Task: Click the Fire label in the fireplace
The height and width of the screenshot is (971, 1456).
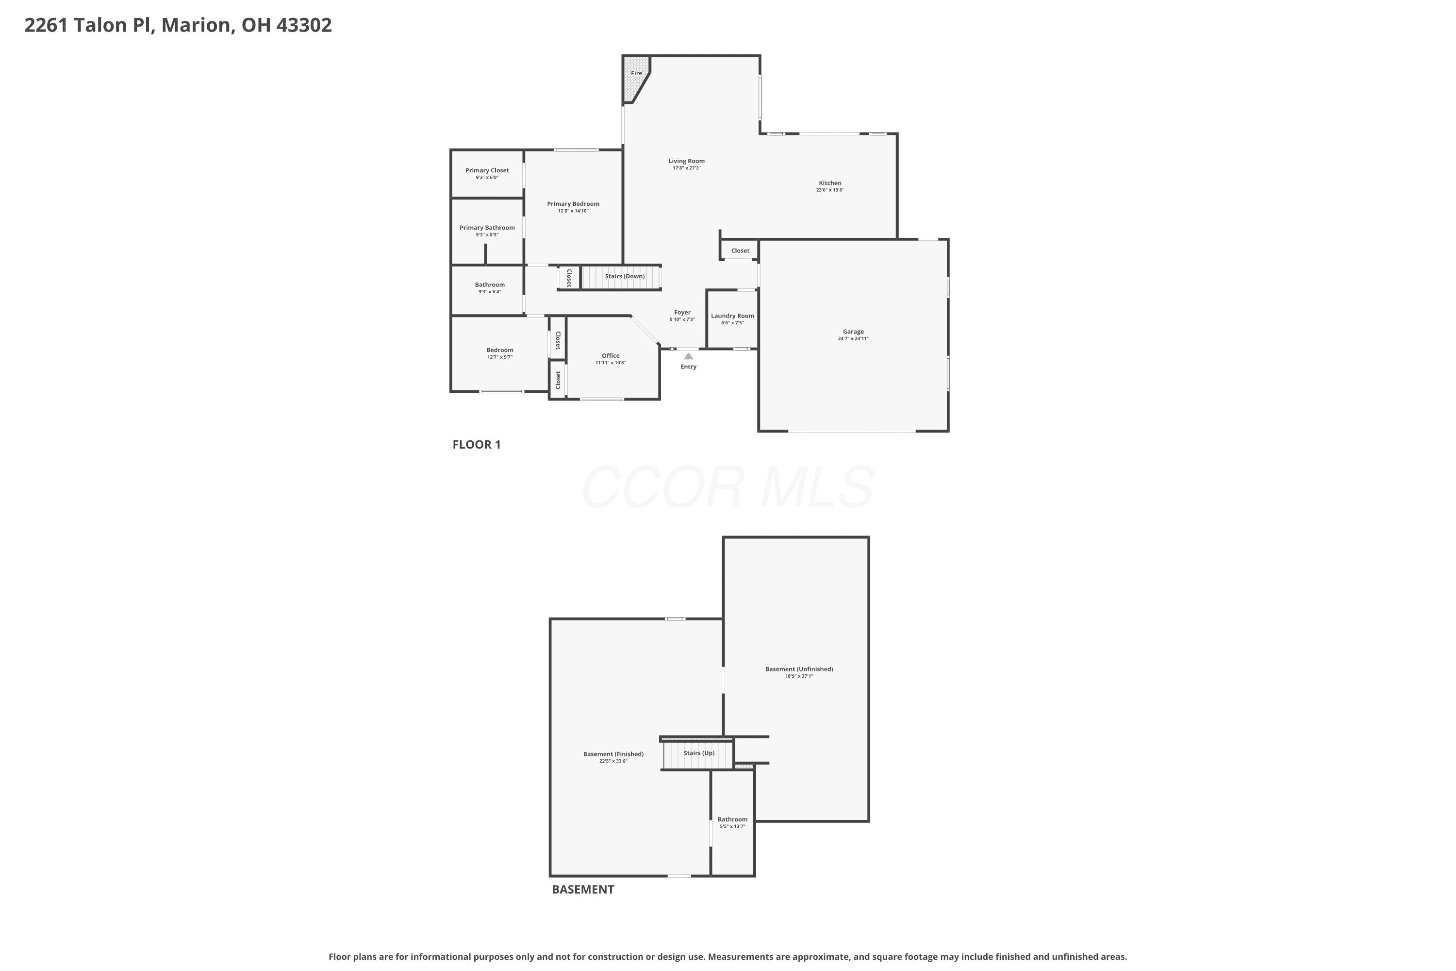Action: click(636, 73)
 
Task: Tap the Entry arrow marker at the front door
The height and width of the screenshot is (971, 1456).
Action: click(688, 356)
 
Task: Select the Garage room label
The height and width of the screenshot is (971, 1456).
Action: click(853, 331)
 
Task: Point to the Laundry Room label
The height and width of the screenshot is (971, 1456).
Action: click(732, 316)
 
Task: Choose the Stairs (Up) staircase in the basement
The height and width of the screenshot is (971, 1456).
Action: click(698, 753)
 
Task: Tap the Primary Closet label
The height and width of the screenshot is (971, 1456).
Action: click(487, 170)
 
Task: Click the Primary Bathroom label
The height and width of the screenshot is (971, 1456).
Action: click(487, 227)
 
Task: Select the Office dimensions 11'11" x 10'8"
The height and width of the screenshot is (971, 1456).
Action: click(611, 363)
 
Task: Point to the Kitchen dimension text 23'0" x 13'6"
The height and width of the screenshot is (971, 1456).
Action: click(829, 190)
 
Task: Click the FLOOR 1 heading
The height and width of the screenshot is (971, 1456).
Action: click(477, 444)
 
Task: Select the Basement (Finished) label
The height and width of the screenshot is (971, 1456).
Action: click(613, 753)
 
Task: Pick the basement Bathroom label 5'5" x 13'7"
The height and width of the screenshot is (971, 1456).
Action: click(732, 822)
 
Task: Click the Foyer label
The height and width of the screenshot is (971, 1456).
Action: click(682, 312)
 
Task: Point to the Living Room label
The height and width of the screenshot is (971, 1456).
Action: click(687, 161)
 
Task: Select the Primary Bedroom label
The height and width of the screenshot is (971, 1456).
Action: click(573, 204)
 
